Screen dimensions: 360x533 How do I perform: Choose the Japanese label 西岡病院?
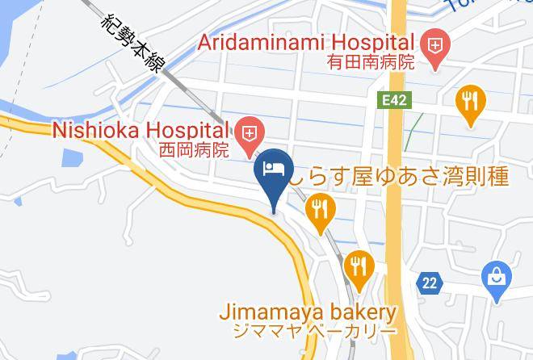pyautogui.click(x=194, y=149)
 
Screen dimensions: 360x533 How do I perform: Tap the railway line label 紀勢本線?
pyautogui.click(x=129, y=44)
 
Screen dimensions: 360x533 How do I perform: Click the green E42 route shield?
pyautogui.click(x=393, y=99)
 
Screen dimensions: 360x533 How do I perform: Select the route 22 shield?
pyautogui.click(x=430, y=283)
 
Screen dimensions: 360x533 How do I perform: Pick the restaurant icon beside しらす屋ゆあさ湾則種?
pyautogui.click(x=321, y=211)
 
